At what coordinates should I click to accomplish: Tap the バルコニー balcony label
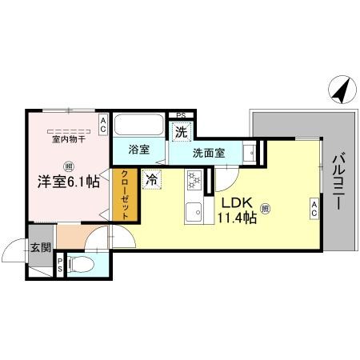[x=336, y=182]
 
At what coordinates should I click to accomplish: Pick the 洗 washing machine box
[x=182, y=132]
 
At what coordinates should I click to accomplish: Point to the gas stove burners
[x=194, y=181]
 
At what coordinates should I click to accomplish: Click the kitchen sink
[x=194, y=213]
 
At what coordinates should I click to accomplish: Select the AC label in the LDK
[x=314, y=210]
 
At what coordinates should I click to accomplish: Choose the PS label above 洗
[x=182, y=116]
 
